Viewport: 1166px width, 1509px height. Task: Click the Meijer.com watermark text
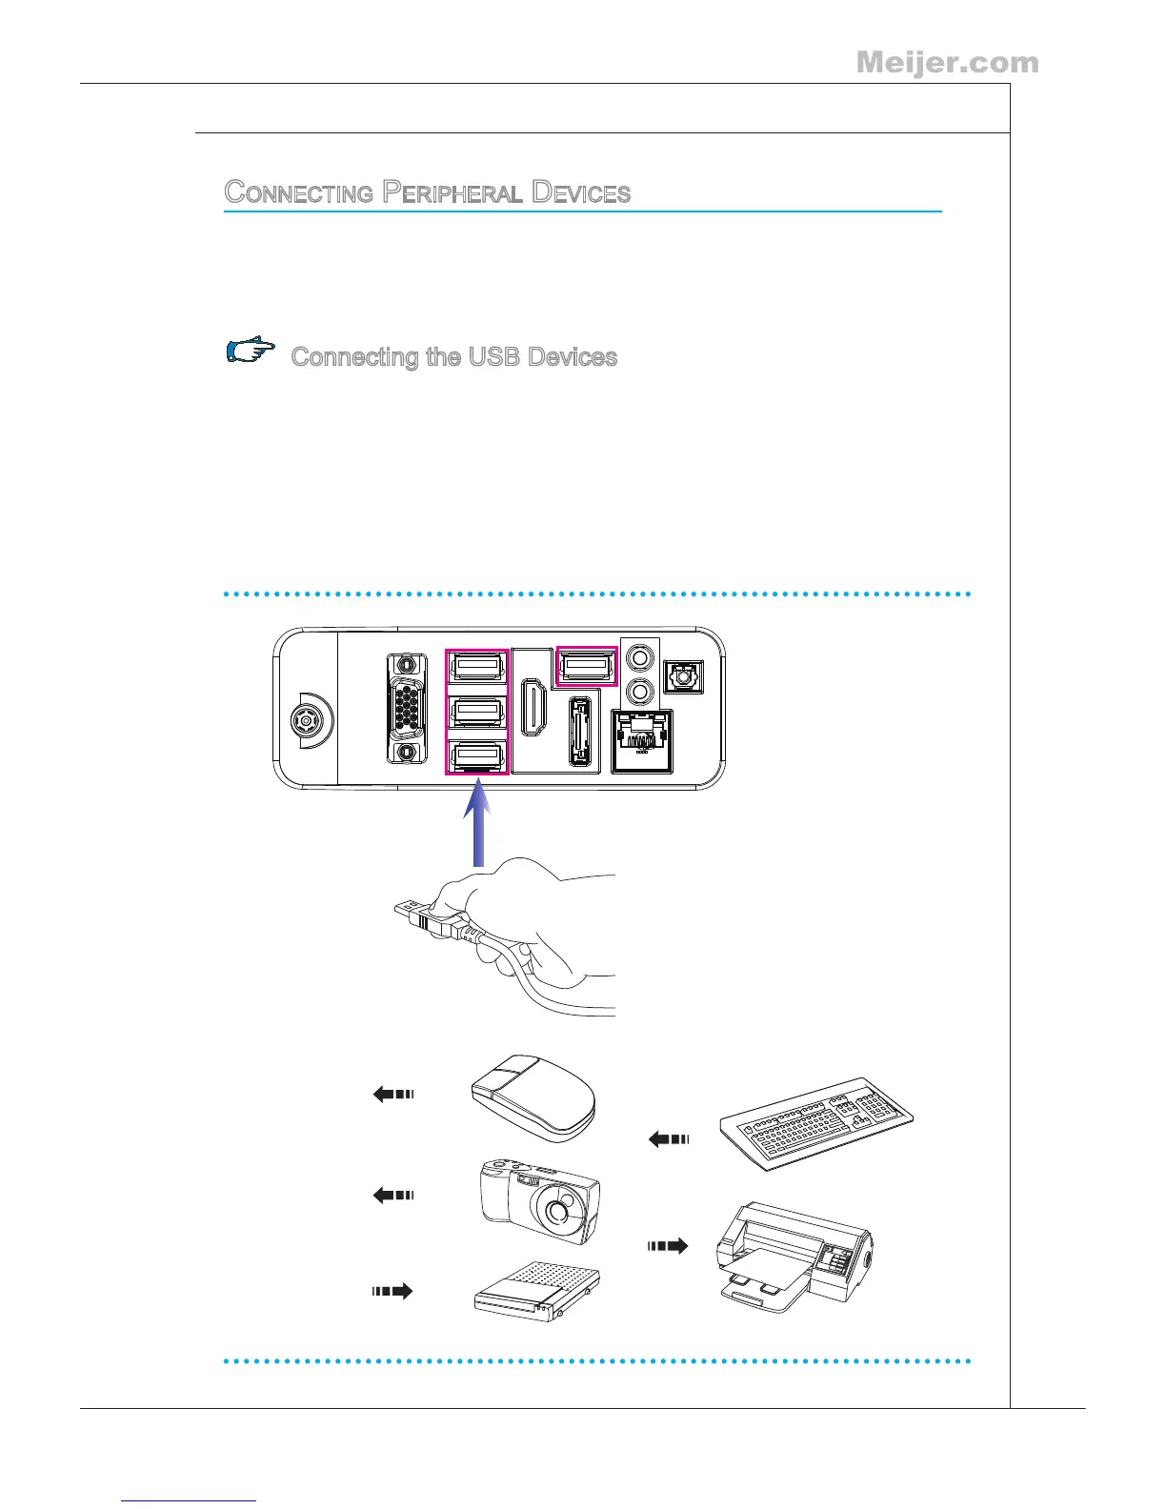point(947,63)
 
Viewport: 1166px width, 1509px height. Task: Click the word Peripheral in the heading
point(452,192)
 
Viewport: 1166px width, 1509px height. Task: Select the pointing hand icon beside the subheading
point(251,351)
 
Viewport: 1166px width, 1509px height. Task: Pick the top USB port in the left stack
point(478,665)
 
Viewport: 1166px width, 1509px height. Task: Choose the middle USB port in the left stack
point(478,711)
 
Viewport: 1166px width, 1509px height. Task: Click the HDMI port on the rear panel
point(533,706)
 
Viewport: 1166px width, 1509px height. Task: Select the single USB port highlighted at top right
point(587,665)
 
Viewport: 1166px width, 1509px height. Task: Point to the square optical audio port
point(682,676)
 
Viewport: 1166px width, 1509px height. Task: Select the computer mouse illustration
point(534,1098)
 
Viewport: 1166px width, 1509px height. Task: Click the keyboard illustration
point(816,1122)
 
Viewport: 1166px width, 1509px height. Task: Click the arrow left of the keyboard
point(668,1138)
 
